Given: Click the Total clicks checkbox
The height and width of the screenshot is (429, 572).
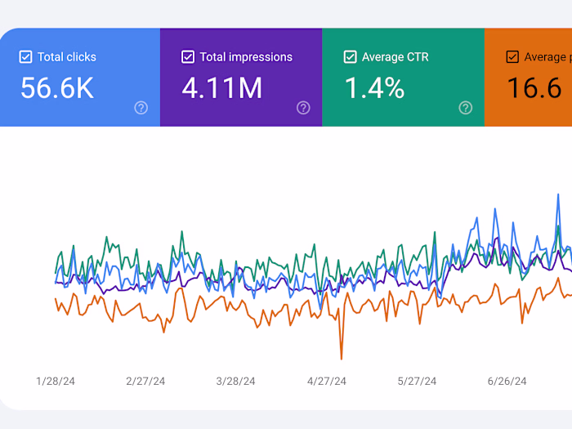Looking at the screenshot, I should (25, 57).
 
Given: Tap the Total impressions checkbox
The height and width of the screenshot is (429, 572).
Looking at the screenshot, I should (188, 57).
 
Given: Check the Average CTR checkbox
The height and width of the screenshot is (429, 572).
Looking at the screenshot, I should (350, 57).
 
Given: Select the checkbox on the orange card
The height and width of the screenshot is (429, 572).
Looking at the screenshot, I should (512, 57).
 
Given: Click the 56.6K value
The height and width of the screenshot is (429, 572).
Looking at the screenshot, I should (57, 88).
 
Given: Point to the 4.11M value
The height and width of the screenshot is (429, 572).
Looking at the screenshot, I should (222, 88).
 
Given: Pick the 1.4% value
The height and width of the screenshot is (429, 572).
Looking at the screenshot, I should (374, 88).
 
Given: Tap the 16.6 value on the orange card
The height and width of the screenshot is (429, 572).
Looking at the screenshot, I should (534, 88).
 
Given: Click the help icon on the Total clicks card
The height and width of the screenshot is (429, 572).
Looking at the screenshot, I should (141, 108).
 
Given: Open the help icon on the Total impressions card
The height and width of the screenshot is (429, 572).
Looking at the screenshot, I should (303, 108).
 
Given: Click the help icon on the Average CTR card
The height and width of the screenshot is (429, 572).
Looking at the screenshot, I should (465, 108).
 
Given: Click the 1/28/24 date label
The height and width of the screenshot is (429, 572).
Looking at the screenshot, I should (56, 381).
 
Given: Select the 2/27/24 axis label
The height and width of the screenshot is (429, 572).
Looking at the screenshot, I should (145, 381).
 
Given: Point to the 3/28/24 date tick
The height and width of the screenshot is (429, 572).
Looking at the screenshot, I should (235, 381).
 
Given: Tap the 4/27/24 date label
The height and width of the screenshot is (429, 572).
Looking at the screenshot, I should (326, 381).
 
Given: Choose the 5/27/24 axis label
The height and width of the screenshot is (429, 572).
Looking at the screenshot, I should (417, 381).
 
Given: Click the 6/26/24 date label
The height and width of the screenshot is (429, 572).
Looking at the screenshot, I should (507, 381).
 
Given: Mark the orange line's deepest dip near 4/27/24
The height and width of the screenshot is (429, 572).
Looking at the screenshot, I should (341, 358).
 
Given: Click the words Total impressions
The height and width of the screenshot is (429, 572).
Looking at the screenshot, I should (246, 57).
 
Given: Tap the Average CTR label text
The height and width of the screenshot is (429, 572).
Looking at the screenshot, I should (396, 57).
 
